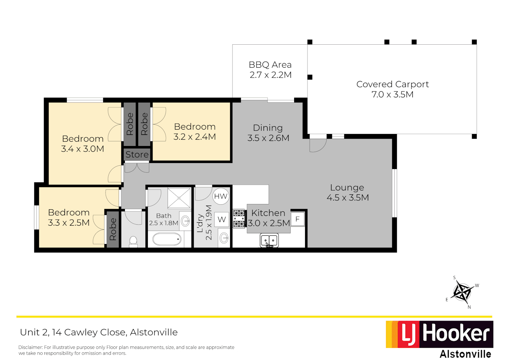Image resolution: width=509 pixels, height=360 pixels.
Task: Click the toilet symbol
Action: click(133, 241)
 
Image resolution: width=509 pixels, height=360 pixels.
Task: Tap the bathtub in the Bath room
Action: click(167, 239)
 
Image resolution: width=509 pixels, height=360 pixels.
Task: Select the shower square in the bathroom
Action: click(179, 198)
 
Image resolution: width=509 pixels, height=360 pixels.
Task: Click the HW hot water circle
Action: click(221, 196)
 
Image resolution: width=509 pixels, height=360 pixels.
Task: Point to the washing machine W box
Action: click(222, 220)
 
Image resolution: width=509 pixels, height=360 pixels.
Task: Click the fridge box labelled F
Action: click(297, 219)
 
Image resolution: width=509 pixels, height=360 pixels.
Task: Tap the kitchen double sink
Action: click(269, 240)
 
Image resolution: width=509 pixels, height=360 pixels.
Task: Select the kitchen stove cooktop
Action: click(239, 219)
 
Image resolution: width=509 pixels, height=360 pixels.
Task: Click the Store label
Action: click(137, 155)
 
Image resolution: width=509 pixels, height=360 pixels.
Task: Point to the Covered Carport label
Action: click(392, 84)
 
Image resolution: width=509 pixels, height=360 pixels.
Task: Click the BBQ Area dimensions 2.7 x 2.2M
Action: click(270, 75)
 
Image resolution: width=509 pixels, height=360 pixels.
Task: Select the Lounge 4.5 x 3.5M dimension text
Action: click(347, 198)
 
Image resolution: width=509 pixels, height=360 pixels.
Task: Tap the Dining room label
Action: click(268, 128)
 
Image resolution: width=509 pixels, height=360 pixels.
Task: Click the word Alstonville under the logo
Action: click(465, 354)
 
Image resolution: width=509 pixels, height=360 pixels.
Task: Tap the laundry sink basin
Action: click(224, 238)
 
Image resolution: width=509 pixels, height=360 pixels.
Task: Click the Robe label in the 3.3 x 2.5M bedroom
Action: click(113, 229)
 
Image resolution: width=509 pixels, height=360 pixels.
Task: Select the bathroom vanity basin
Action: click(185, 220)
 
